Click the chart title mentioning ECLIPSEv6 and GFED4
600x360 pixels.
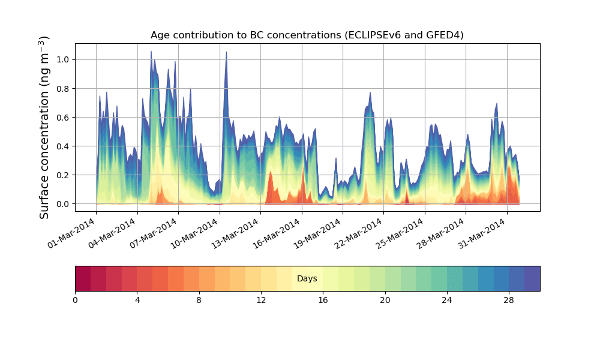307,35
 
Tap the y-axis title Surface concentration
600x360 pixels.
44,127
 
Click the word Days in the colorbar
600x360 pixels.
307,279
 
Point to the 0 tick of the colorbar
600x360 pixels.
75,300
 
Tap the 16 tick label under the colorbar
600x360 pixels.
323,300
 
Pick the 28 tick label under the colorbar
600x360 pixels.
509,300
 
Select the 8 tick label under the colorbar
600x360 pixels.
199,300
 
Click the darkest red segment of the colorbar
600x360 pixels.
83,278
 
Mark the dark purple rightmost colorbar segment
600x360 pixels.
532,278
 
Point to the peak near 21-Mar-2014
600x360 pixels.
370,94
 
